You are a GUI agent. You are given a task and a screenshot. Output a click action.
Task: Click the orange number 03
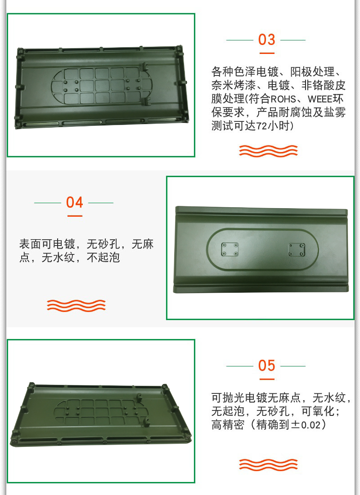pos(266,40)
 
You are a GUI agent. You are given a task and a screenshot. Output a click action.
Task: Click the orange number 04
pos(75,202)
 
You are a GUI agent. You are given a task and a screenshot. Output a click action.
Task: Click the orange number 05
pos(266,366)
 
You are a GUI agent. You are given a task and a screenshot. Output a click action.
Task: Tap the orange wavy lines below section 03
pos(268,151)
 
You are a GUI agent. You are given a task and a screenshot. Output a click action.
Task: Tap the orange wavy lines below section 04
pos(76,306)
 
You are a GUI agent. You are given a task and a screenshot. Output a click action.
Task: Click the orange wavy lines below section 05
pos(268,465)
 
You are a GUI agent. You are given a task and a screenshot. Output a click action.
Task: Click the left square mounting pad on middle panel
pos(230,250)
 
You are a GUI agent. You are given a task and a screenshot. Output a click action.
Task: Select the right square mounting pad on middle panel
pos(297,250)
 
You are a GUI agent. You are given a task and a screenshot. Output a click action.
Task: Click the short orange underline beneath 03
pos(267,54)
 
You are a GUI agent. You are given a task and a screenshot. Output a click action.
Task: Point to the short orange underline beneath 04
pos(75,216)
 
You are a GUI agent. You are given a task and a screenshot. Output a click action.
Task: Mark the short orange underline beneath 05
pos(267,379)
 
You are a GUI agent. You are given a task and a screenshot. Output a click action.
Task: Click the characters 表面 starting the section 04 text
pos(30,244)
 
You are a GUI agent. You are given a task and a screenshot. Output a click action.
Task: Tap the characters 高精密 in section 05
pos(228,425)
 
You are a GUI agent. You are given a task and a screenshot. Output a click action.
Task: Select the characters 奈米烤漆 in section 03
pos(234,85)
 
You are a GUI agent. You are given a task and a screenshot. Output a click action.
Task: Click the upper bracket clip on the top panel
pos(145,67)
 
